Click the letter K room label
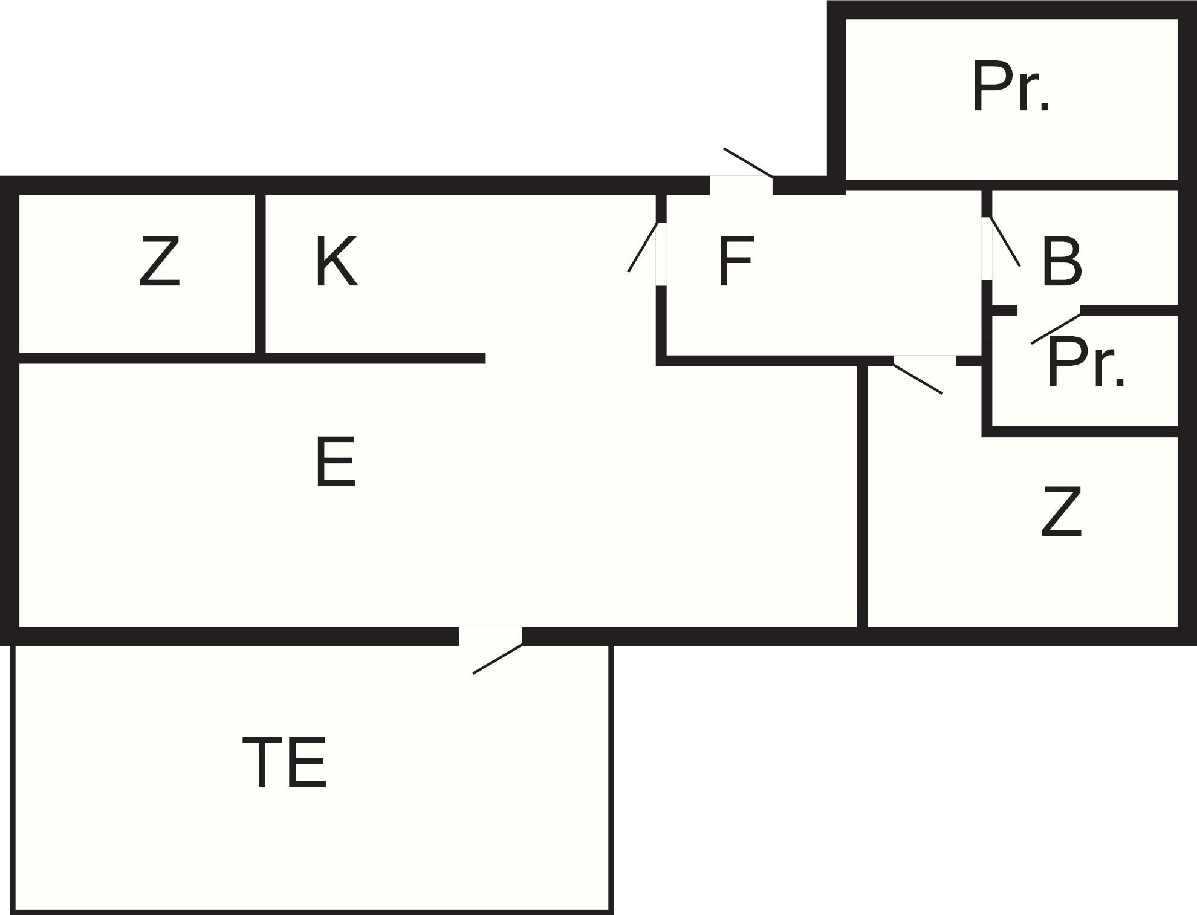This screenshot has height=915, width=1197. tap(336, 262)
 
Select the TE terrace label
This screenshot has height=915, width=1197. tap(284, 763)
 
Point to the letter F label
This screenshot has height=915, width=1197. tap(735, 262)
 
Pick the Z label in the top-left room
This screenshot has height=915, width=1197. tap(160, 262)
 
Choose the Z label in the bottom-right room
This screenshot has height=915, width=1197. tap(1061, 512)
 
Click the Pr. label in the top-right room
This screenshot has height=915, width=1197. tap(1011, 86)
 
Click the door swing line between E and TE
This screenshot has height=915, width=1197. tap(498, 659)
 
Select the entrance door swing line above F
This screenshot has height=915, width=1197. tap(748, 162)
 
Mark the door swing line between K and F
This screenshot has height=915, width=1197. tap(643, 247)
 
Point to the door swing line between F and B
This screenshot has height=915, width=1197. tap(1005, 241)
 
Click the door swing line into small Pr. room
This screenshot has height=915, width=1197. tap(1056, 330)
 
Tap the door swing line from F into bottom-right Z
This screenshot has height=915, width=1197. tap(917, 379)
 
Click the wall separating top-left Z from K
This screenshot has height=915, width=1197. tap(260, 273)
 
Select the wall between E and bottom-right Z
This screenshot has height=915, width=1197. tap(863, 496)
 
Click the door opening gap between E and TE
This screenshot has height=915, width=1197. tap(490, 636)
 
